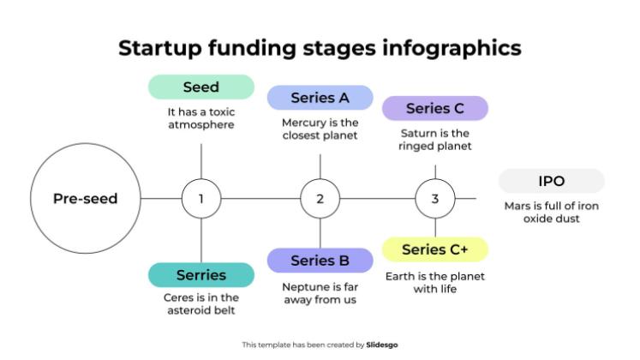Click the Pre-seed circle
(85, 199)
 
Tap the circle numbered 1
(201, 199)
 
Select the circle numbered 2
(320, 199)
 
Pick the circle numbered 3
(435, 199)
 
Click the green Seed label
(201, 87)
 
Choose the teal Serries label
(201, 275)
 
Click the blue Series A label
(320, 98)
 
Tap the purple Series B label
(320, 261)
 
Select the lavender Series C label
(434, 108)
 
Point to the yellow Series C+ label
(434, 249)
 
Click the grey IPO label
(551, 181)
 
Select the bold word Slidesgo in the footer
(382, 345)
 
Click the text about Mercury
(320, 129)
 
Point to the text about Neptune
(320, 293)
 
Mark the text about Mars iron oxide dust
(551, 212)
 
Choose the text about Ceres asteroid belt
(201, 303)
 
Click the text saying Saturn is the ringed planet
(434, 139)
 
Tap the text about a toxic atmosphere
(201, 118)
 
